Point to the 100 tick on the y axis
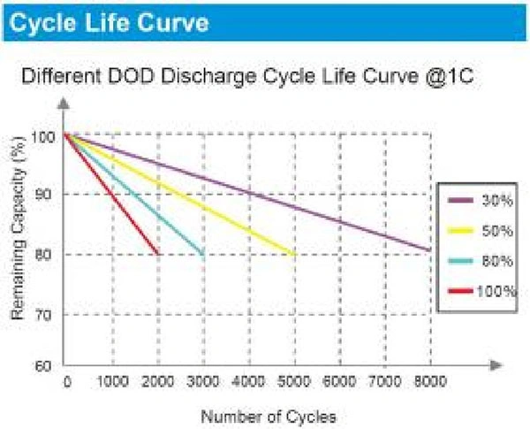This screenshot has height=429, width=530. click(x=45, y=137)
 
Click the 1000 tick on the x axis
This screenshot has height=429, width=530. click(x=111, y=382)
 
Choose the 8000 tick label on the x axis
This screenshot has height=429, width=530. click(x=429, y=382)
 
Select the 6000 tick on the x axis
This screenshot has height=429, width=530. click(x=339, y=382)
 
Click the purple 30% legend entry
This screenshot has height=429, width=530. click(x=478, y=199)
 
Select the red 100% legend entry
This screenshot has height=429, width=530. click(x=478, y=289)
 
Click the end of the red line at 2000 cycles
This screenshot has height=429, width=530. click(x=158, y=254)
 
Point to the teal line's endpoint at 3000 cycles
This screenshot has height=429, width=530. click(x=203, y=254)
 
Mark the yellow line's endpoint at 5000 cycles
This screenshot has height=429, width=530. click(x=294, y=254)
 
